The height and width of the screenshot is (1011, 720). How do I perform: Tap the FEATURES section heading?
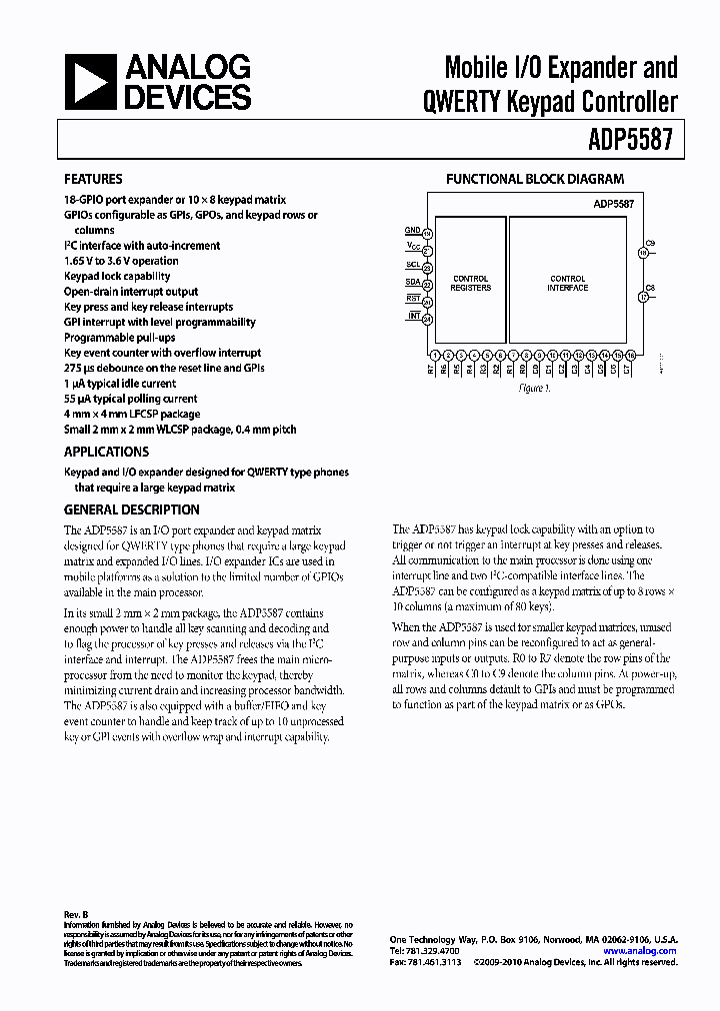coord(94,180)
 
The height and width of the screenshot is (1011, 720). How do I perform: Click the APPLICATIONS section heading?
coord(107,452)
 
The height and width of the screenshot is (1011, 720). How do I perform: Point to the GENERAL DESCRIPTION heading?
coord(132,509)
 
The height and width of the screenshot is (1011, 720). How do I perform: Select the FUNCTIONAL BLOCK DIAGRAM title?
coord(535,180)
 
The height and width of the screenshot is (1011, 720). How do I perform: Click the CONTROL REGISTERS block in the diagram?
coord(471,283)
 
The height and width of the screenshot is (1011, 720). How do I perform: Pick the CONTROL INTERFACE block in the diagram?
coord(568,283)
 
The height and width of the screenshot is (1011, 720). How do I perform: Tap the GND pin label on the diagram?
coord(412,231)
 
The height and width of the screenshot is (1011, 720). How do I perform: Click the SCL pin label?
coord(412,266)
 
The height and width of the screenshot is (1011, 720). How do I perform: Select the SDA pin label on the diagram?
coord(412,283)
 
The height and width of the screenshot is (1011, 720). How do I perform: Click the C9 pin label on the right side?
coord(649,244)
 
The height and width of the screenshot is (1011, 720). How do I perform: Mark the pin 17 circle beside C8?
coord(643,297)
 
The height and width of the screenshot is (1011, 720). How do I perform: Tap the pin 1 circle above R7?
coord(434,355)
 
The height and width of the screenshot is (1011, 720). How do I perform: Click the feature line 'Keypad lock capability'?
coord(117,276)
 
